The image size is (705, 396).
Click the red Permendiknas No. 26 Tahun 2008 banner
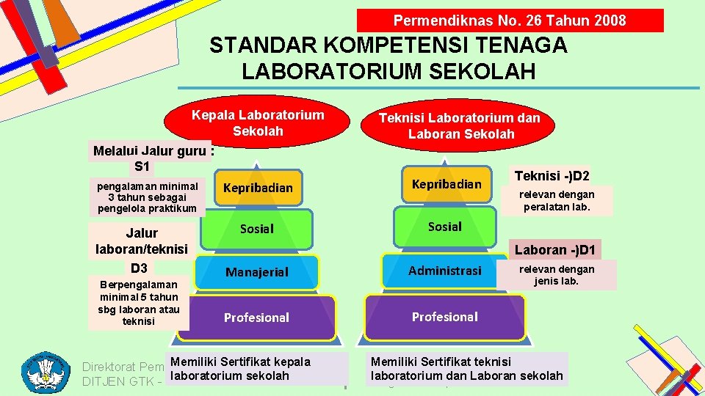510,21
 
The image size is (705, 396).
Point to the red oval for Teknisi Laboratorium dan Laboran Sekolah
459,126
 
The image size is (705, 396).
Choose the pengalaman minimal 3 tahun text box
147,197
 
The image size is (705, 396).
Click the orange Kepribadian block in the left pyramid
257,188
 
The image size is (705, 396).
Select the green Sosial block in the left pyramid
257,229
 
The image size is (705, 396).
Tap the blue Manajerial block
257,272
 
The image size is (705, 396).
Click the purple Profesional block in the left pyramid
256,318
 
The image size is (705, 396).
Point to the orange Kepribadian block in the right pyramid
446,184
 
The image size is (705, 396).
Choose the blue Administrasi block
445,271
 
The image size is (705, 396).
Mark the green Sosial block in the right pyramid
445,227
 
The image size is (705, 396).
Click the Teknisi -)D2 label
552,176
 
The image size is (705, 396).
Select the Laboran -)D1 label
556,249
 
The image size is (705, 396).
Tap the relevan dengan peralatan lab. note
557,201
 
